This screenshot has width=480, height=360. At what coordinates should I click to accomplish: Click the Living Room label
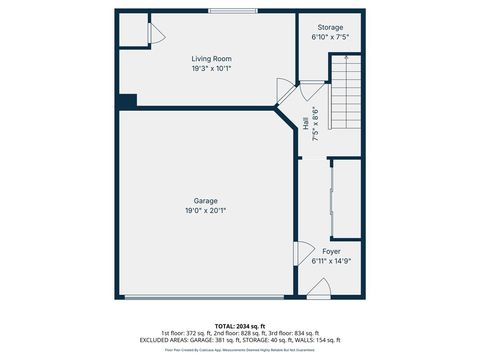(x=211, y=59)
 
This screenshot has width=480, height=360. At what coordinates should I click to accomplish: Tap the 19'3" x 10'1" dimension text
(x=211, y=69)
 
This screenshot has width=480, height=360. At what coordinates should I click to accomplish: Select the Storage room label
(x=330, y=26)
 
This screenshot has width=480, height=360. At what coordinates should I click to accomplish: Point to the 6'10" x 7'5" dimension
(x=330, y=36)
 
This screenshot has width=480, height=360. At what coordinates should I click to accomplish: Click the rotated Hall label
(x=305, y=123)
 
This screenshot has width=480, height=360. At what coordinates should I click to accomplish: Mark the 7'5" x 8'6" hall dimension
(x=314, y=123)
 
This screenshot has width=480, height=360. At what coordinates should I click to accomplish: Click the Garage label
(x=206, y=201)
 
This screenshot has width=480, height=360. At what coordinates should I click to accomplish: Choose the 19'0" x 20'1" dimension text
(x=206, y=211)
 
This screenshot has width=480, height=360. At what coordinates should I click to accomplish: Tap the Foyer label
(x=331, y=251)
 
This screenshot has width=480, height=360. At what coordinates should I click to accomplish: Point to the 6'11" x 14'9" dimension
(x=331, y=261)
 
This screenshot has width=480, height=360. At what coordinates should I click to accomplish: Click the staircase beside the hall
(x=345, y=93)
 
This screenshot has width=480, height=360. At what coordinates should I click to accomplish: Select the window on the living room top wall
(x=231, y=11)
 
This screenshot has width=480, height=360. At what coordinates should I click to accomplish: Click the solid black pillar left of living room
(x=126, y=101)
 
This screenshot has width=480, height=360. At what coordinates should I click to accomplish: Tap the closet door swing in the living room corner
(x=155, y=33)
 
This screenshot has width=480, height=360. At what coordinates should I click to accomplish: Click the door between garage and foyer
(x=298, y=255)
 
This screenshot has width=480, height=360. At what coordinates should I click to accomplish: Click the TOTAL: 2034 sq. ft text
(x=239, y=325)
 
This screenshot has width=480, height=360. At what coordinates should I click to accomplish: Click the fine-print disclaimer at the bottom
(x=239, y=351)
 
